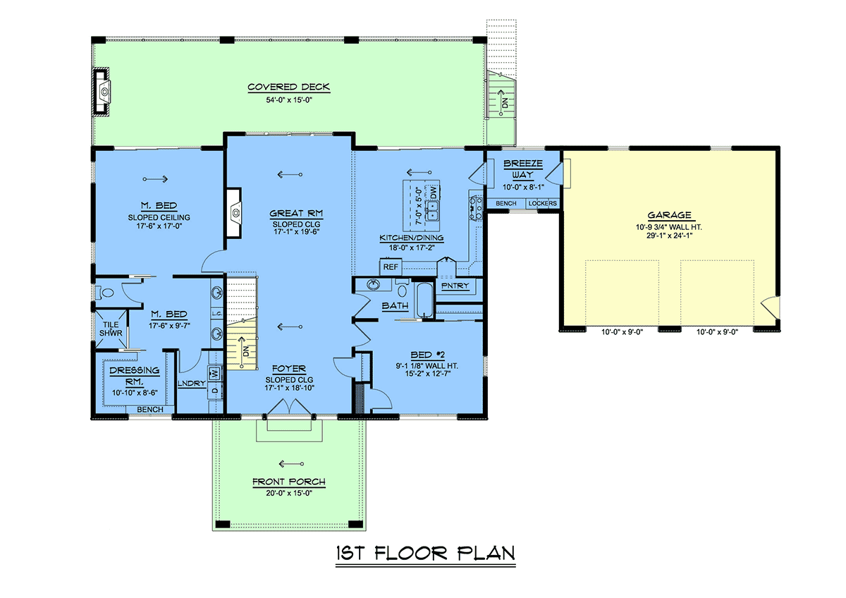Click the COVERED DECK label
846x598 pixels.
(288, 87)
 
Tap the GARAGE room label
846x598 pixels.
(669, 215)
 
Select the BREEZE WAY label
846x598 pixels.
(522, 169)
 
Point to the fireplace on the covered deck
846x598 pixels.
(102, 92)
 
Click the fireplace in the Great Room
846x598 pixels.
(234, 213)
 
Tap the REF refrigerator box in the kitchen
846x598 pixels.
(391, 267)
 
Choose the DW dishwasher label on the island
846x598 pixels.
(433, 193)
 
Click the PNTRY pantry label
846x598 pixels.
(455, 286)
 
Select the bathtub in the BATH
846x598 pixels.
(424, 300)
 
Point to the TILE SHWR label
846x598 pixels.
(111, 329)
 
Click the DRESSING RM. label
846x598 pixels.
(135, 376)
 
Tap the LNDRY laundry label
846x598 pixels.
(192, 384)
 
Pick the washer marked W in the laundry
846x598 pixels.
(214, 373)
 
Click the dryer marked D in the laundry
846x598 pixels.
(214, 390)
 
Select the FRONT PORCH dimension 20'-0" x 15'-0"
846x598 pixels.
(289, 493)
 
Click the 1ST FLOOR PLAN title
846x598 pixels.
(426, 553)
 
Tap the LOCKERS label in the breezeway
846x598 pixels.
(542, 203)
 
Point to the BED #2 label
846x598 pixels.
(427, 355)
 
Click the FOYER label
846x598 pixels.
(289, 369)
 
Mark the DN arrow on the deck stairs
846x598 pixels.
(501, 102)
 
